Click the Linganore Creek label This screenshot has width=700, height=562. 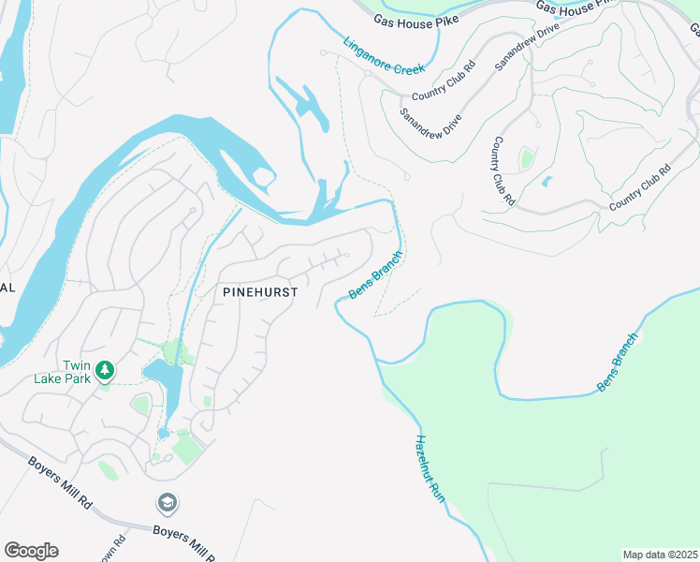point(385,56)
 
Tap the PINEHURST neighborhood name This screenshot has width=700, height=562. point(260,292)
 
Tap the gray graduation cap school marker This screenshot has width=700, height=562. point(168,503)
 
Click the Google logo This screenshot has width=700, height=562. point(31,551)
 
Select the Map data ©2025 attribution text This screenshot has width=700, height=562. point(660,555)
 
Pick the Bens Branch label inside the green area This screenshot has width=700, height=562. point(619,362)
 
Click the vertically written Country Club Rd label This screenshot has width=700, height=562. point(503,170)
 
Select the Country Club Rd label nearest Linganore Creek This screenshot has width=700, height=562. point(444,81)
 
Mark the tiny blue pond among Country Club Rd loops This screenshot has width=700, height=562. point(547,181)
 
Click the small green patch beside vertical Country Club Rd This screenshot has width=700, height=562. point(527,158)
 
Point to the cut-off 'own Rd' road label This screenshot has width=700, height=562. point(119,549)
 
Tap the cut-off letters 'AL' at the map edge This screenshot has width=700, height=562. point(7,288)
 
